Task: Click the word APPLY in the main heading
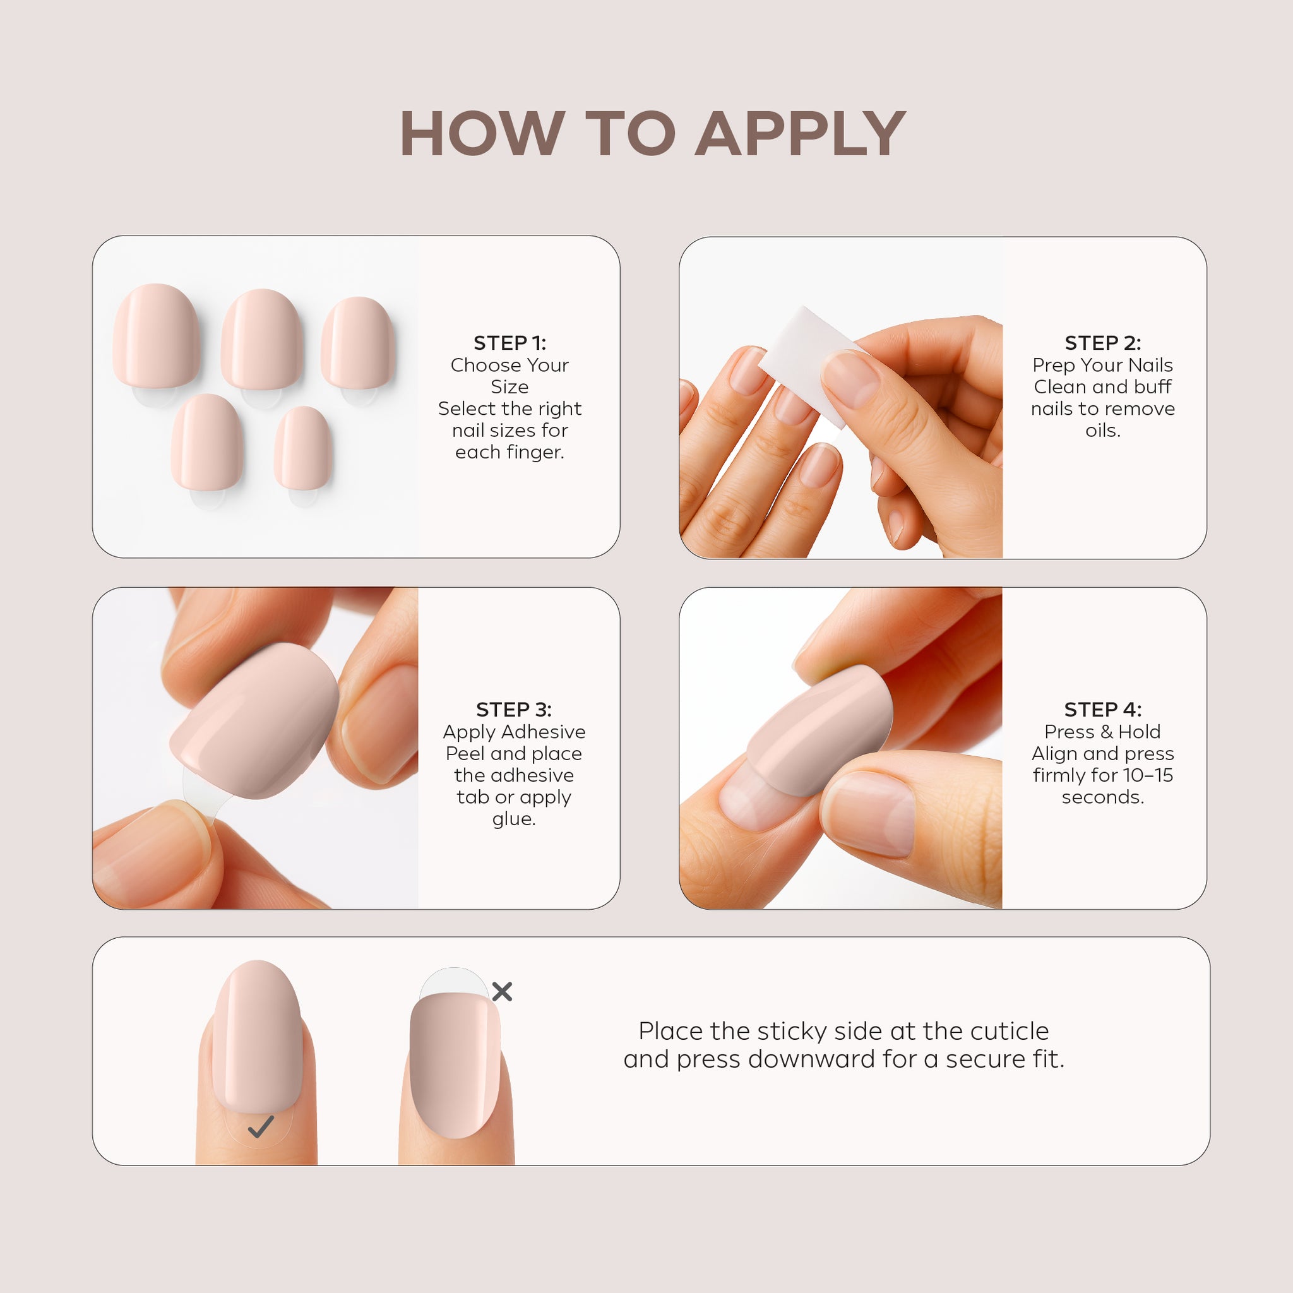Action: point(801,134)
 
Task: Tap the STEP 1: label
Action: point(510,343)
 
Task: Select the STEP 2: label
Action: point(1103,343)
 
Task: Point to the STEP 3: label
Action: point(514,710)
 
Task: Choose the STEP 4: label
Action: point(1103,710)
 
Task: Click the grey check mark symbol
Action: point(261,1127)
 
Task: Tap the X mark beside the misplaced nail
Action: point(502,991)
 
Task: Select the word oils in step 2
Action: point(1102,431)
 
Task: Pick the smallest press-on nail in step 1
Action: point(303,448)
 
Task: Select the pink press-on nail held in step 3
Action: point(254,721)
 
